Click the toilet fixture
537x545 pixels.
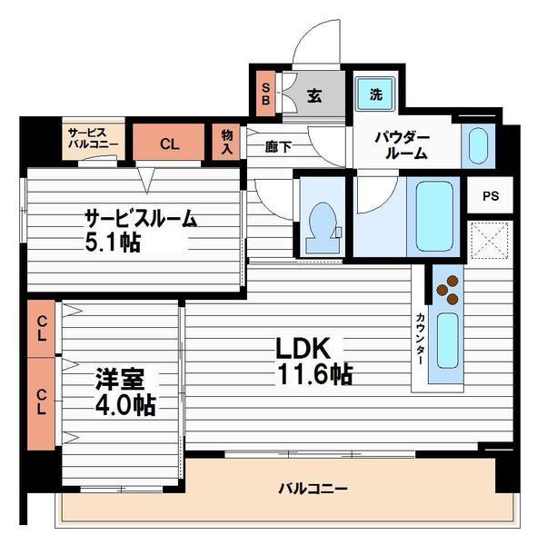coord(323,228)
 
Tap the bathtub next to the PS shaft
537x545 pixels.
coord(434,216)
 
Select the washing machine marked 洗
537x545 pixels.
coord(375,94)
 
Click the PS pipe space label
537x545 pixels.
coord(491,196)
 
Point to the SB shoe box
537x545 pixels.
coord(265,94)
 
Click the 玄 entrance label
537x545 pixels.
coord(314,96)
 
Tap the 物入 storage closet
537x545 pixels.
coord(226,142)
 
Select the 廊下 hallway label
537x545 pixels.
coord(278,147)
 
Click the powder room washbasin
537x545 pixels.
coord(478,146)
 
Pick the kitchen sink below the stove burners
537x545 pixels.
coord(447,341)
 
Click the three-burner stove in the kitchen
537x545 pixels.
coord(448,290)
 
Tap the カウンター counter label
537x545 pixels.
coord(420,339)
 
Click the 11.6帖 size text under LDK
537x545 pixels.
coord(314,374)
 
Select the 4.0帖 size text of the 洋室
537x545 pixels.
coord(125,405)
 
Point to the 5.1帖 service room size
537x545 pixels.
coord(113,242)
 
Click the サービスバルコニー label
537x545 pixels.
coord(93,138)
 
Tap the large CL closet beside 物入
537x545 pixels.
coord(169,142)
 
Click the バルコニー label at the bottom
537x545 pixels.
coord(313,489)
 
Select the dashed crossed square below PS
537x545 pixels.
coord(490,241)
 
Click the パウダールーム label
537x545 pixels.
coord(403,146)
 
